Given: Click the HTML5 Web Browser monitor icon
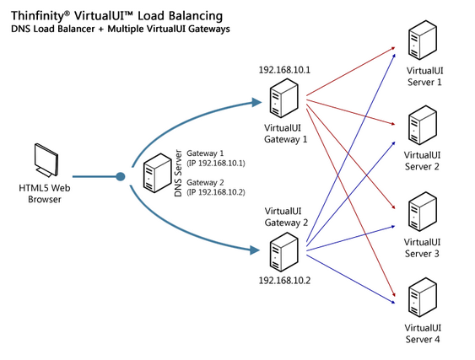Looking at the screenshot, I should tap(46, 161).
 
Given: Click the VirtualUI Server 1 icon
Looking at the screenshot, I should tap(420, 43).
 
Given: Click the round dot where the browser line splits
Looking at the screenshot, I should tap(121, 177).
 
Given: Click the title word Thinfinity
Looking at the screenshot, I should tap(39, 15).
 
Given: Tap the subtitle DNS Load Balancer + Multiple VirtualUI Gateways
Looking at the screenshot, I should tap(121, 30).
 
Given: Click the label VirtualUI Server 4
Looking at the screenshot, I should tap(422, 334).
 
